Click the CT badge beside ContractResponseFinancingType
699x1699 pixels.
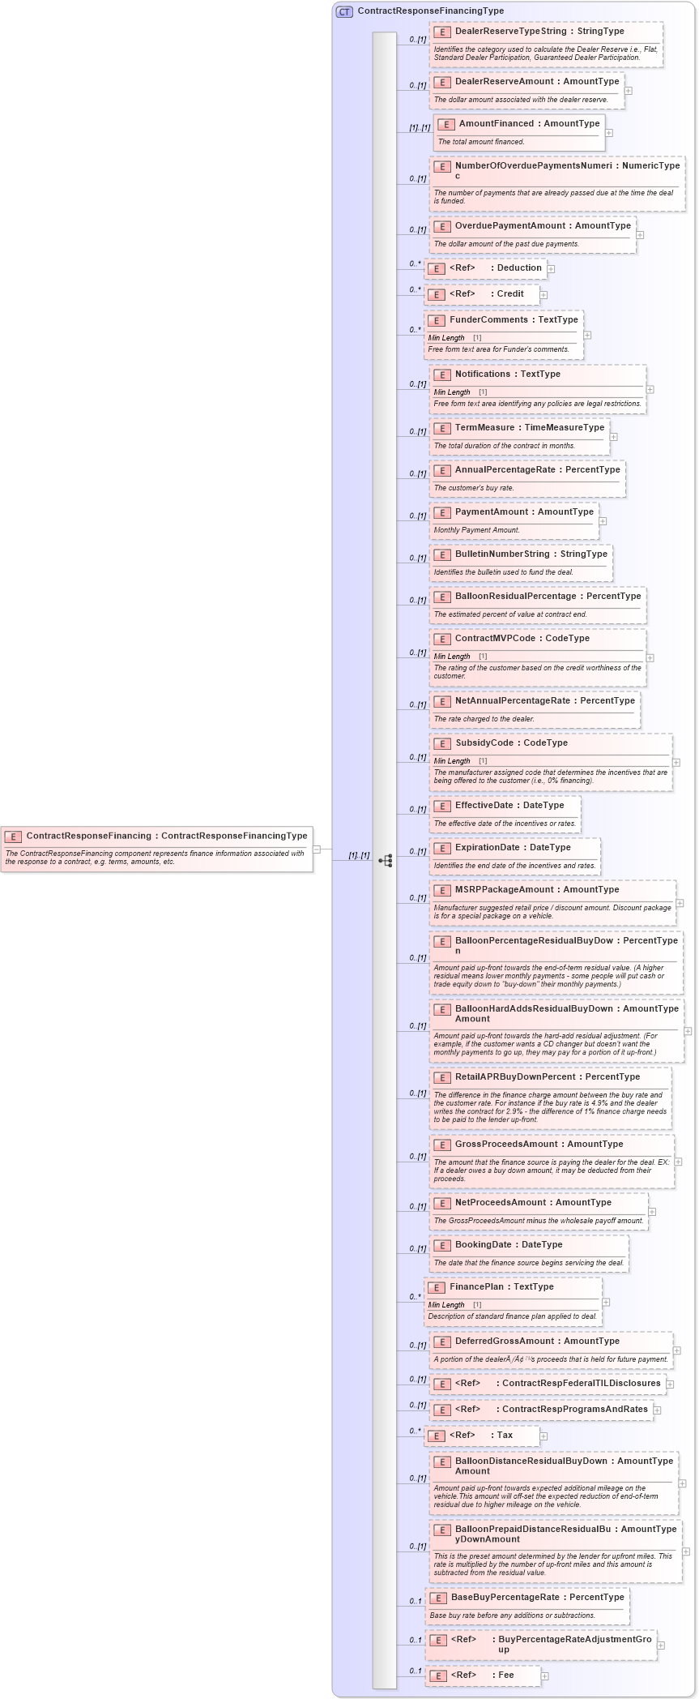click(345, 11)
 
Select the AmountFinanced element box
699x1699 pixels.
click(519, 133)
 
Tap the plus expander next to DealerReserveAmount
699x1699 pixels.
click(629, 91)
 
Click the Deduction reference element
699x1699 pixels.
click(519, 268)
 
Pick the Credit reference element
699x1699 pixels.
click(510, 294)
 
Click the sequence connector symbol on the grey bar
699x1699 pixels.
click(386, 861)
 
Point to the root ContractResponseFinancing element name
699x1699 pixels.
click(88, 836)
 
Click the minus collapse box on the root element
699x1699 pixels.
click(318, 849)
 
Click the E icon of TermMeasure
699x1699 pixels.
click(442, 428)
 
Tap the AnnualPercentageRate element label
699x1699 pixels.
click(505, 470)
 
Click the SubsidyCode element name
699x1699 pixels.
click(484, 743)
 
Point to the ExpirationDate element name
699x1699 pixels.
click(487, 848)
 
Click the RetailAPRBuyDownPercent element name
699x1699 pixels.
click(506, 1077)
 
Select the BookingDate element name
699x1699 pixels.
click(484, 1245)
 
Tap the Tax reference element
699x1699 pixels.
click(505, 1436)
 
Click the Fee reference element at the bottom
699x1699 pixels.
click(506, 1675)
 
